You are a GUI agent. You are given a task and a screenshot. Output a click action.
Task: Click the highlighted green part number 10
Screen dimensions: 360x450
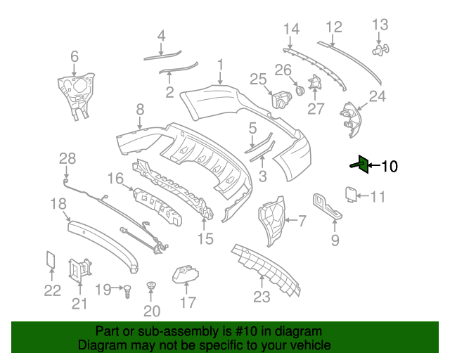click(x=359, y=165)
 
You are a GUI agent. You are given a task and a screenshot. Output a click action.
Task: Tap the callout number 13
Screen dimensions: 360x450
click(x=380, y=25)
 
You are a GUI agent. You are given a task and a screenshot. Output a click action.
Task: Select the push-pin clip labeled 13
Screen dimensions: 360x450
click(x=382, y=50)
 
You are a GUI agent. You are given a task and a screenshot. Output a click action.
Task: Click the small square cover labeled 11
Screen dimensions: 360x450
click(x=352, y=192)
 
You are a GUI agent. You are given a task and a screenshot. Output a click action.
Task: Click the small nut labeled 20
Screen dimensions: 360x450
click(x=150, y=286)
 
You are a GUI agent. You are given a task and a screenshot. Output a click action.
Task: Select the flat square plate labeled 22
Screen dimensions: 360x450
click(x=51, y=259)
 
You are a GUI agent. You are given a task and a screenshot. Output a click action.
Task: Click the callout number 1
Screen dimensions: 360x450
click(x=220, y=65)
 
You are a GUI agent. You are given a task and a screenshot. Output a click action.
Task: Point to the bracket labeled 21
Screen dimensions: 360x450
click(x=79, y=270)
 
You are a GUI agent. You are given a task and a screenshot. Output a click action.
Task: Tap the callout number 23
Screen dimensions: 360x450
click(x=262, y=297)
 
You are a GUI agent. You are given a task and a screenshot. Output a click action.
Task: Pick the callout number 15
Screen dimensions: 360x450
click(x=205, y=239)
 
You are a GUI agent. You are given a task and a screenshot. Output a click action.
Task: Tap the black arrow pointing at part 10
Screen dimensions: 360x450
click(x=373, y=167)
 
